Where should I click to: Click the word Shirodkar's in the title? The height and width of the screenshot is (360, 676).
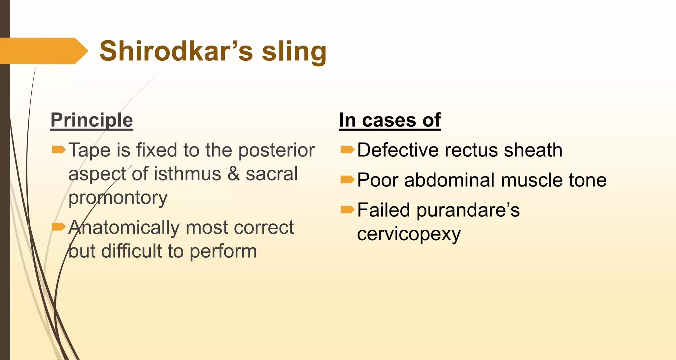176,51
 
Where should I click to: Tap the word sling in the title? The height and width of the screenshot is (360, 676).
294,52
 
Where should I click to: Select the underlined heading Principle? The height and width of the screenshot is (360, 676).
92,120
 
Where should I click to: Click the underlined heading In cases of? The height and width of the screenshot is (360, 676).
390,120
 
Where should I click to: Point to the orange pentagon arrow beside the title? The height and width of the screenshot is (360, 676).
43,51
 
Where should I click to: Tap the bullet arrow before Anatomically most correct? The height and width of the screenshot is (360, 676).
59,227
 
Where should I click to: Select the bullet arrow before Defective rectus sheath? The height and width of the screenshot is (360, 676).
347,150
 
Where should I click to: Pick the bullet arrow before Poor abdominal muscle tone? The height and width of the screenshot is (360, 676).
347,180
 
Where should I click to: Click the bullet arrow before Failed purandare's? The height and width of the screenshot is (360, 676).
347,210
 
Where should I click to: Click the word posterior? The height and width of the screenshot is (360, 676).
277,150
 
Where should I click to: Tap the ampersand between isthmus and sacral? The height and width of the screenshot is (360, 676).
234,174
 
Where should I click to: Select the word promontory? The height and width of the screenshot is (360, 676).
118,198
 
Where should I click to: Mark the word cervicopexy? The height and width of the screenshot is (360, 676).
409,234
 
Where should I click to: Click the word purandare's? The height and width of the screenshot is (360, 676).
468,211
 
